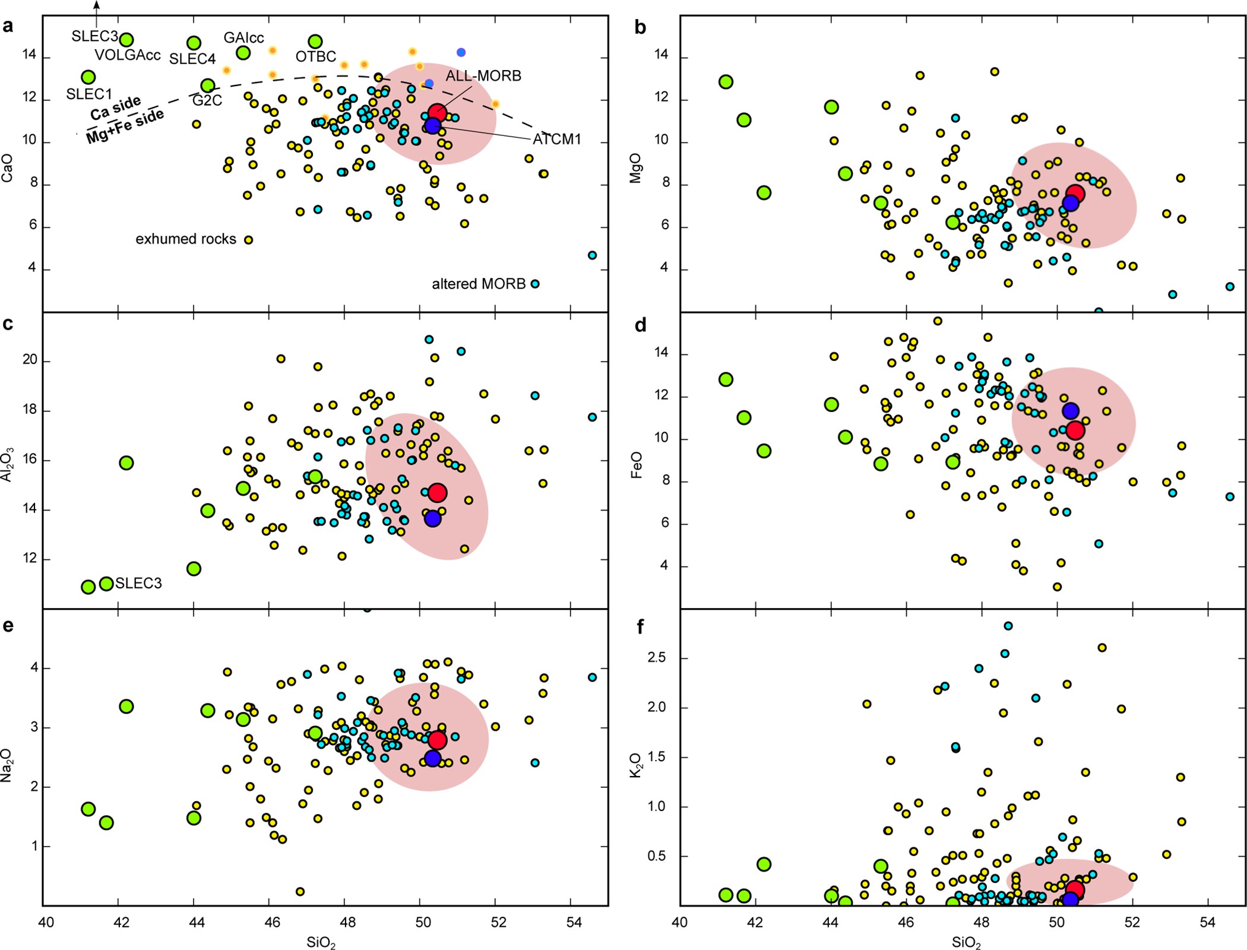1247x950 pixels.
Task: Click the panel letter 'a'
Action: [8, 26]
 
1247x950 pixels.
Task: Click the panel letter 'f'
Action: [640, 626]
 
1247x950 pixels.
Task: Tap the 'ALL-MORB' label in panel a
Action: [483, 76]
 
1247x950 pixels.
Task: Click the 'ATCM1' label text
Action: [556, 140]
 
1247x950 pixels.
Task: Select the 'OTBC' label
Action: [316, 57]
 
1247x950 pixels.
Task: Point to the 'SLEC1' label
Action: [89, 94]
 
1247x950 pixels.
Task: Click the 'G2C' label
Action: [207, 101]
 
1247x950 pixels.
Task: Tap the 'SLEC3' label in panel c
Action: [138, 584]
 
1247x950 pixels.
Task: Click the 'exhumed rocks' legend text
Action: [186, 239]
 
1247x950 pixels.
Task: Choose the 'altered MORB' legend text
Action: [479, 284]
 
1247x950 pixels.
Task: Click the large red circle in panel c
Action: [437, 492]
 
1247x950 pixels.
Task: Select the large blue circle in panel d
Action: [1070, 410]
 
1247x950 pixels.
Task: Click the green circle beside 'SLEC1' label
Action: [88, 77]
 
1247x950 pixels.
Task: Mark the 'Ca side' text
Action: [115, 107]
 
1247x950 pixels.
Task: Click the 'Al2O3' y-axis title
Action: [7, 465]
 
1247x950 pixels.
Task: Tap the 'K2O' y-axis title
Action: [636, 765]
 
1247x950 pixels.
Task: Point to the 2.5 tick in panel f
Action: [655, 658]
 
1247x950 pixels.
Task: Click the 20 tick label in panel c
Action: [30, 360]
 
